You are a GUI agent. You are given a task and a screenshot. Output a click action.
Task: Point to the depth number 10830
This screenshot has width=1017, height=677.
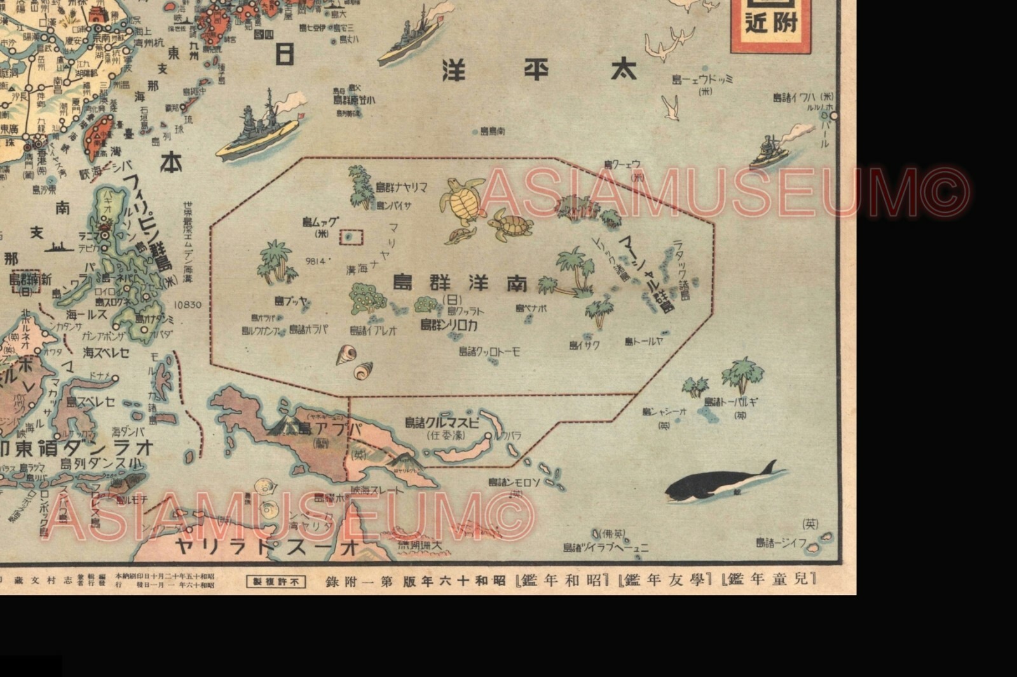188,305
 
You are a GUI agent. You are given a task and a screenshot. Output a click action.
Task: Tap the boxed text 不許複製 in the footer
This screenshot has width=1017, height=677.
276,581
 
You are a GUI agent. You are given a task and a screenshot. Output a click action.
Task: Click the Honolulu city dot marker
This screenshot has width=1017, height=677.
834,116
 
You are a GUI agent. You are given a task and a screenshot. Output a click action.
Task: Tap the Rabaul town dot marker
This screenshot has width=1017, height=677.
488,436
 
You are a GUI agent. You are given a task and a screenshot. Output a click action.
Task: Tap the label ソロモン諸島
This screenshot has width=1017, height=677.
515,482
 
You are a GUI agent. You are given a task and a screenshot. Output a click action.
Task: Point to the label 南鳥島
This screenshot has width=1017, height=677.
493,131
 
